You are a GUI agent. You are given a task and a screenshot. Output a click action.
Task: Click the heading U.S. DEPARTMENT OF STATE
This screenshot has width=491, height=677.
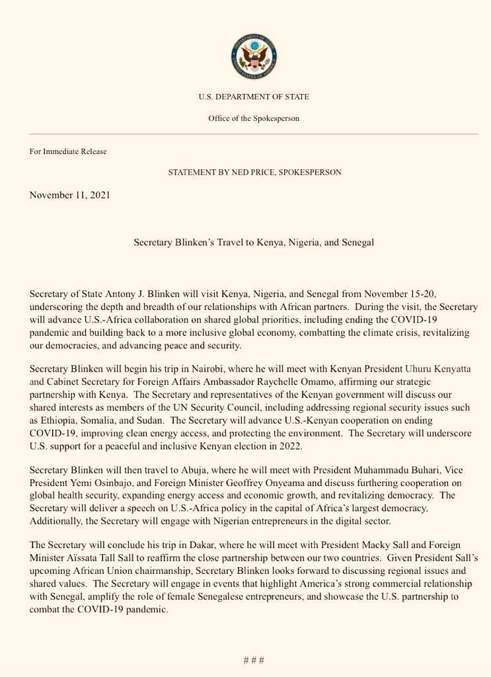pyautogui.click(x=254, y=97)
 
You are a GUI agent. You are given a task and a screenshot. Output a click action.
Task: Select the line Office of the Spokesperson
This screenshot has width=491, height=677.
pyautogui.click(x=254, y=118)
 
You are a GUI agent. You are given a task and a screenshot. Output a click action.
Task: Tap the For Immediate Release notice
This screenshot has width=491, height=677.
pyautogui.click(x=68, y=151)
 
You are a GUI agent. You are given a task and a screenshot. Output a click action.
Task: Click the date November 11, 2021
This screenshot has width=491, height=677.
pyautogui.click(x=69, y=195)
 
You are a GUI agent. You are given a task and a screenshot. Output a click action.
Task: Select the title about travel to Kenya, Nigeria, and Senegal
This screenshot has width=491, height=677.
pyautogui.click(x=254, y=243)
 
